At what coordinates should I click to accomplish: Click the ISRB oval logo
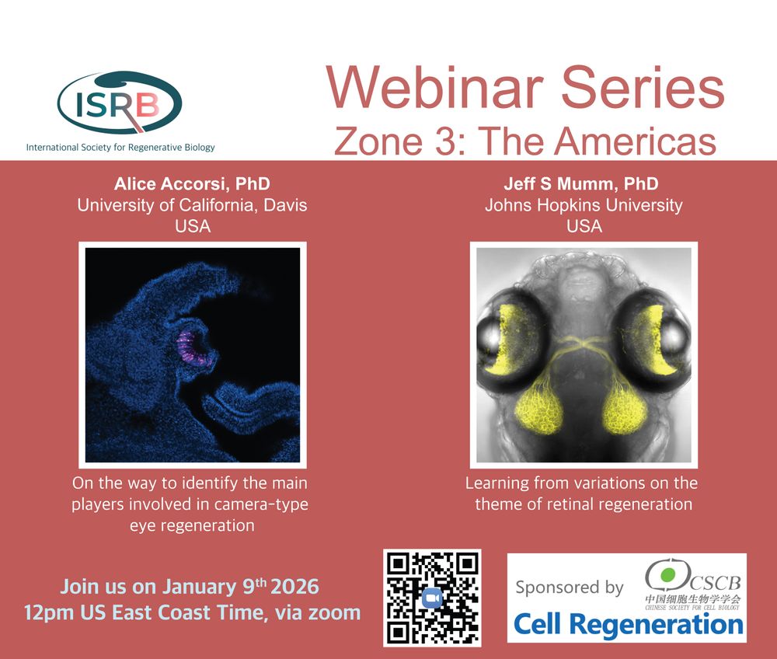[120, 103]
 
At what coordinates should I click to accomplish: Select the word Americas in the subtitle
[636, 141]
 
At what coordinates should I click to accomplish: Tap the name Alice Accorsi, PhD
[192, 184]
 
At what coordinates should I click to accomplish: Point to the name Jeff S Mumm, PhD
[581, 184]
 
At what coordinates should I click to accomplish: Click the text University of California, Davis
[192, 205]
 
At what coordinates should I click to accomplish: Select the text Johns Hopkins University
[584, 205]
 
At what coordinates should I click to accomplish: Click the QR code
[432, 598]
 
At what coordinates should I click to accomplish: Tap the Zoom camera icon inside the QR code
[432, 598]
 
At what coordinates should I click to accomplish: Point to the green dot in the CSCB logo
[668, 575]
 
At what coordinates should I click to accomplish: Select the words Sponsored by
[570, 588]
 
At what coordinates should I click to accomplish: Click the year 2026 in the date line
[294, 587]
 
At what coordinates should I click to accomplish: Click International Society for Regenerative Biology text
[120, 147]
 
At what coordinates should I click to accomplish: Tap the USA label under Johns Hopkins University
[584, 226]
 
